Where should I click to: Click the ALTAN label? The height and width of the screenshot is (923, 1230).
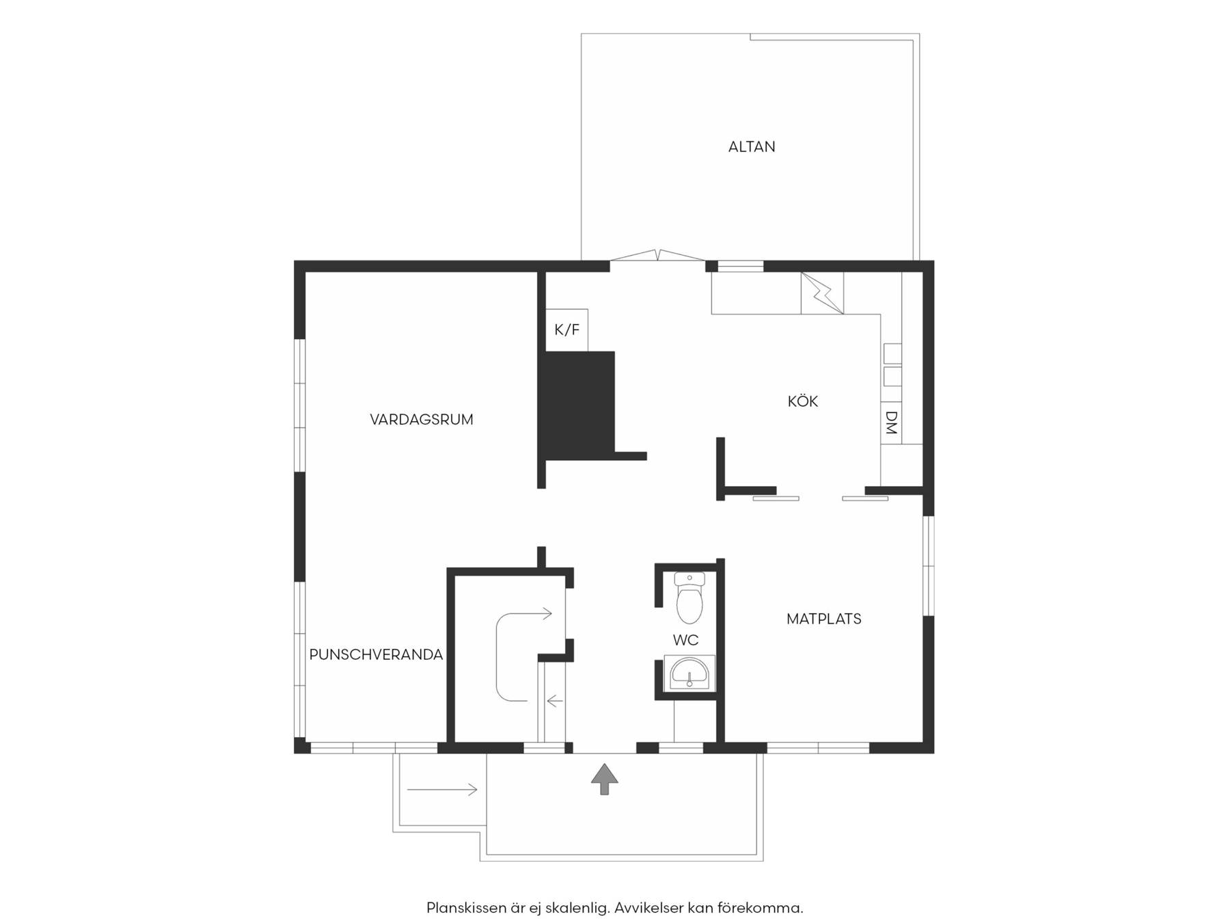752,146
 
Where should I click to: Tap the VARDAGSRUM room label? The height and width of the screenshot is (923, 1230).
422,419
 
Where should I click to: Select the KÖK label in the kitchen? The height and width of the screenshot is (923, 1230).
803,401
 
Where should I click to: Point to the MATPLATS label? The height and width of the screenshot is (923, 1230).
824,619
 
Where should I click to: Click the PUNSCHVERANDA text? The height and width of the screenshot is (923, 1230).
376,654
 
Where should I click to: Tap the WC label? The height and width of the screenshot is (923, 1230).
685,640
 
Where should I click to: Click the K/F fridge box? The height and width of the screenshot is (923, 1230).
566,330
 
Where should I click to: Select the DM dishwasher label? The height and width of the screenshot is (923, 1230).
891,423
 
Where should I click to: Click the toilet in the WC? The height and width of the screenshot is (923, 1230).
689,598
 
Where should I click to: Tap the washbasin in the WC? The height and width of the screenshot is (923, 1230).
689,673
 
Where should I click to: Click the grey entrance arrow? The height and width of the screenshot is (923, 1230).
605,779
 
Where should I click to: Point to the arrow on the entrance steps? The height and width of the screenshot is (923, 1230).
442,790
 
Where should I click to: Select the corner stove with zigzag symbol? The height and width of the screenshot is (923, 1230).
822,293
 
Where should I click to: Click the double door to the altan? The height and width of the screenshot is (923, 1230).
657,256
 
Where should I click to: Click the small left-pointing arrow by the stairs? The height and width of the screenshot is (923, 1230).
554,701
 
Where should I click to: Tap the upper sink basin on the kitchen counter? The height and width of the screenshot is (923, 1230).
892,353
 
